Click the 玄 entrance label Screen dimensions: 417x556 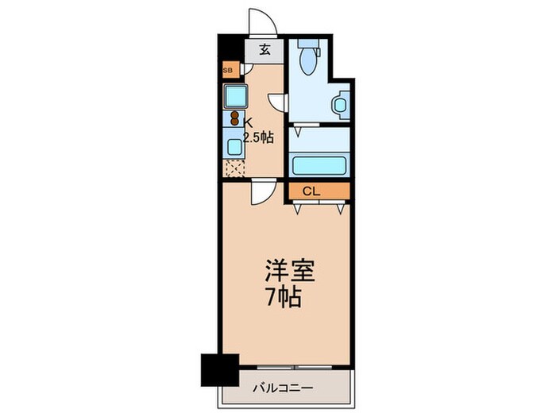(265, 49)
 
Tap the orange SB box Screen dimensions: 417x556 (229, 71)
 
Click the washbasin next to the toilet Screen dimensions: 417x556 (341, 104)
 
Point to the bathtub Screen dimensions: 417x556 (319, 165)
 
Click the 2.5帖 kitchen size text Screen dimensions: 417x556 (259, 137)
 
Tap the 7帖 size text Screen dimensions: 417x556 (283, 300)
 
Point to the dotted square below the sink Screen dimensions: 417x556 (235, 168)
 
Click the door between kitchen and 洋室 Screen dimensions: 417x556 (263, 193)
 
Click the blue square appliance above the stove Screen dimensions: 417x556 (235, 96)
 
